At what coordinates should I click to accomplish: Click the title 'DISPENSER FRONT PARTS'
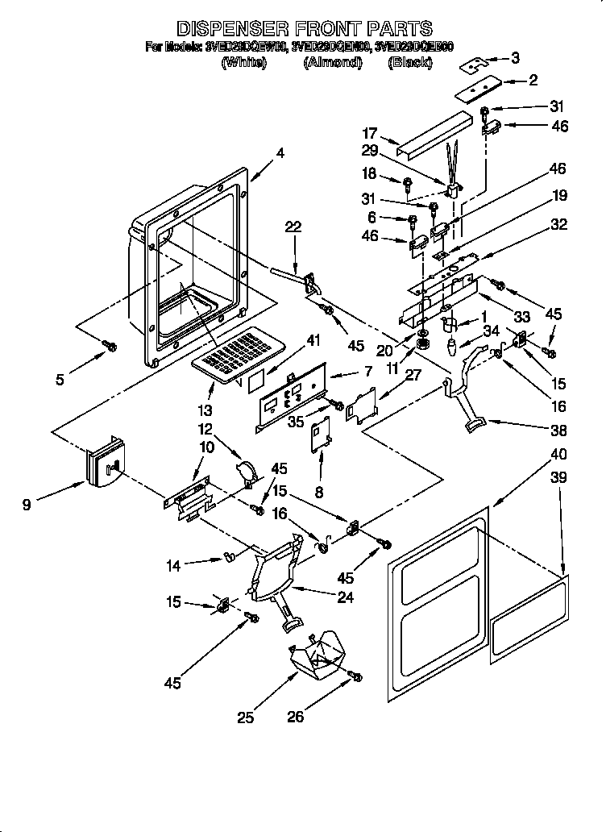tap(304, 29)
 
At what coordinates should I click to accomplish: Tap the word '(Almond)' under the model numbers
tap(332, 63)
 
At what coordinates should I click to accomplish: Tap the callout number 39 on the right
tap(558, 477)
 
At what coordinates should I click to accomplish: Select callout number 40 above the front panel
tap(558, 454)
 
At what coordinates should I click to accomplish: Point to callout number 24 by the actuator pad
tap(345, 598)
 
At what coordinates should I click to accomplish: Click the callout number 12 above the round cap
tap(205, 430)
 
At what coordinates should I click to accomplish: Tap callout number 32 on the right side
tap(558, 225)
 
